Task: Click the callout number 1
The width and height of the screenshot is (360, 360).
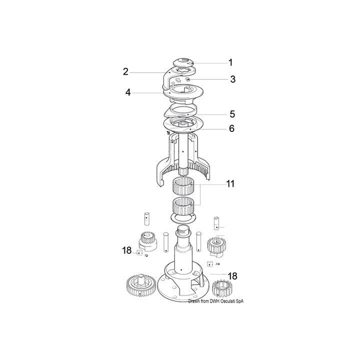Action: [x=230, y=62]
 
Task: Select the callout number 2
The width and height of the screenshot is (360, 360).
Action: [x=125, y=72]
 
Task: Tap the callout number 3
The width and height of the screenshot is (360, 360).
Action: [x=233, y=79]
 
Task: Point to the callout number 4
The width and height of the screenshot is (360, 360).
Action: [x=128, y=92]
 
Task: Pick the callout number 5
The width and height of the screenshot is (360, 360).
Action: [x=232, y=114]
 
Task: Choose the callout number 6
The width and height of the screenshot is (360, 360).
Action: [x=232, y=128]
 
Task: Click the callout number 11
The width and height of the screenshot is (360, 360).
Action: [x=230, y=183]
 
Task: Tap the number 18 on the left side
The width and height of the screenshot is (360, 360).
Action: [x=126, y=250]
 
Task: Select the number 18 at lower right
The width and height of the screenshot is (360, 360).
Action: [x=232, y=276]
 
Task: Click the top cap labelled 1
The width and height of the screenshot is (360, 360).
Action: [x=183, y=63]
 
